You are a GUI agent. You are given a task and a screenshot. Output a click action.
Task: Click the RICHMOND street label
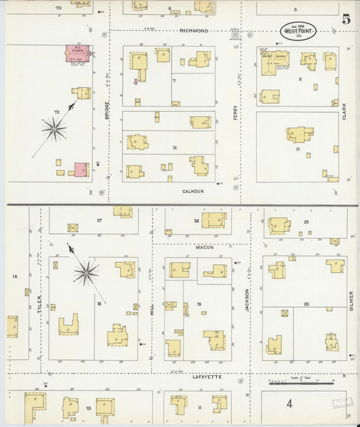pyautogui.click(x=194, y=31)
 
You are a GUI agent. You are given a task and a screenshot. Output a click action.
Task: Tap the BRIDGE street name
pyautogui.click(x=107, y=111)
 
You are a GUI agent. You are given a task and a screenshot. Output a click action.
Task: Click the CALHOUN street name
pyautogui.click(x=193, y=191)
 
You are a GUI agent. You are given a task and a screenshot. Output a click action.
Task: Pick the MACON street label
pyautogui.click(x=205, y=247)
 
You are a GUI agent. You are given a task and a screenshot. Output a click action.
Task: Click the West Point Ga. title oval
pyautogui.click(x=298, y=31)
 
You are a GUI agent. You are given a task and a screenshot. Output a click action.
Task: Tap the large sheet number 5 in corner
pyautogui.click(x=346, y=19)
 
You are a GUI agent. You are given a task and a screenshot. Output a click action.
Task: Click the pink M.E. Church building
pyautogui.click(x=77, y=54)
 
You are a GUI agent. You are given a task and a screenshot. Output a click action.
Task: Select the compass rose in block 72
pyautogui.click(x=55, y=126)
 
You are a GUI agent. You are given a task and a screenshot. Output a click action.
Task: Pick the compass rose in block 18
pyautogui.click(x=86, y=272)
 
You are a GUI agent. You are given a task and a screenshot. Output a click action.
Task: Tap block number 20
pyautogui.click(x=306, y=304)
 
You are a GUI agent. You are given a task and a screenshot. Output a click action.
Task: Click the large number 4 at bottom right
pyautogui.click(x=289, y=404)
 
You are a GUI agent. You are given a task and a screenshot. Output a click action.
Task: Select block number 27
pyautogui.click(x=99, y=220)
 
